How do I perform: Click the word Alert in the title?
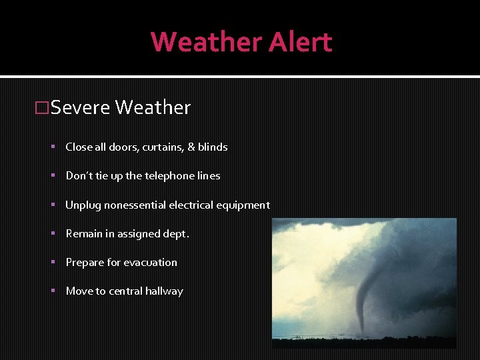pos(300,42)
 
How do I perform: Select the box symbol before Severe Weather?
pos(42,108)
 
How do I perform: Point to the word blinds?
pos(213,147)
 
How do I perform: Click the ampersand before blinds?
pos(191,147)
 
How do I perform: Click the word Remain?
pos(84,234)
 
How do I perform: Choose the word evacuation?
pos(150,263)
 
